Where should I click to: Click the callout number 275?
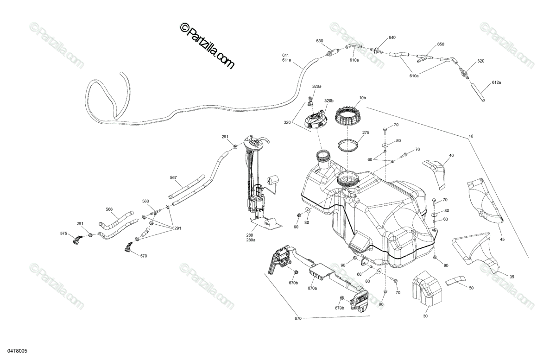[366, 133]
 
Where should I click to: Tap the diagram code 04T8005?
[17, 351]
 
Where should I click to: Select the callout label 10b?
[363, 98]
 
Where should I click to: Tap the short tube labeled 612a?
[478, 92]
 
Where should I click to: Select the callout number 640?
[392, 38]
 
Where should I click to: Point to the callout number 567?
[173, 177]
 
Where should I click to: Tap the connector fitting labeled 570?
[129, 247]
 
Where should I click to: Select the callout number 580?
[145, 201]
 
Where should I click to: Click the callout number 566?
[109, 209]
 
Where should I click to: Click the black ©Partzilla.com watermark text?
[207, 46]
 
